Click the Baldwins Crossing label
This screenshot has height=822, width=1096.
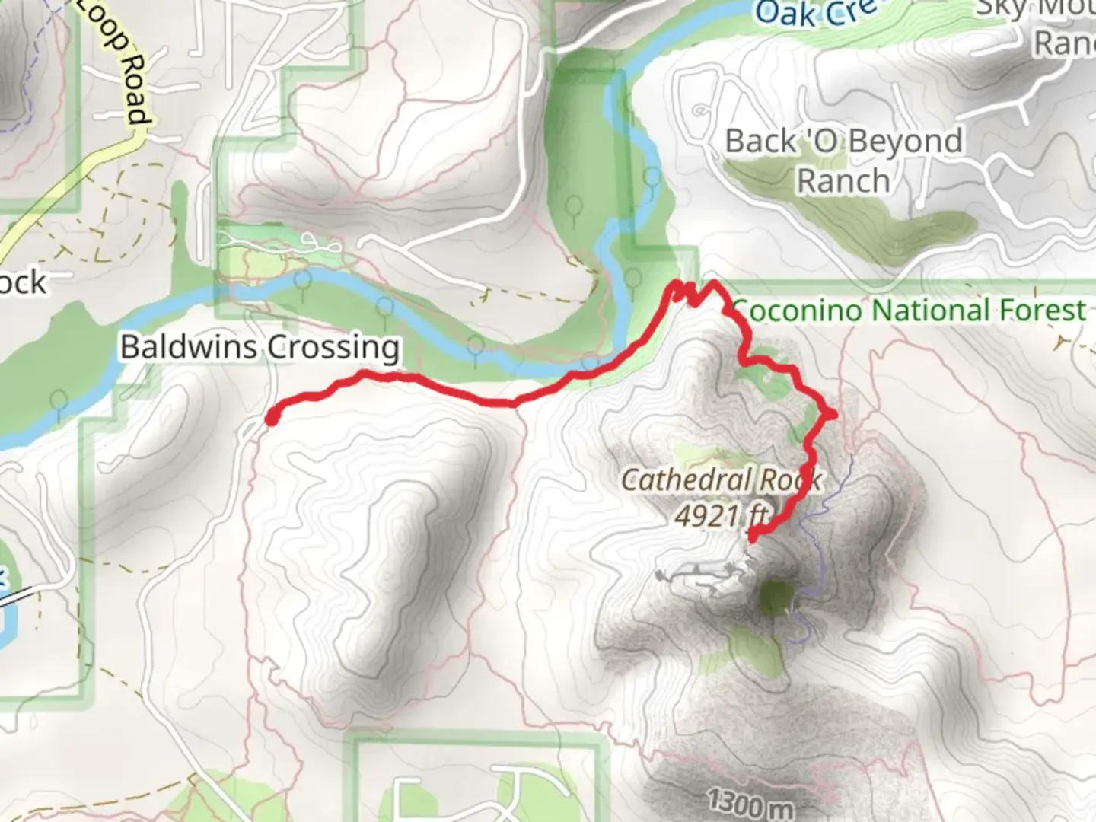(x=260, y=348)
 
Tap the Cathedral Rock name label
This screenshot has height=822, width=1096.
(x=721, y=479)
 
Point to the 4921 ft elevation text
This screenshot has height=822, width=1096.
(x=721, y=516)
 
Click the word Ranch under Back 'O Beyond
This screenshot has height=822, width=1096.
(x=843, y=181)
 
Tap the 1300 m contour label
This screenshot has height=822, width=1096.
(x=749, y=802)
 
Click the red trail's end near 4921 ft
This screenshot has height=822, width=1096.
(x=753, y=537)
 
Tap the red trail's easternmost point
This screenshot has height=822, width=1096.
(x=832, y=414)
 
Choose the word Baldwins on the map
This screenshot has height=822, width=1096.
(x=190, y=348)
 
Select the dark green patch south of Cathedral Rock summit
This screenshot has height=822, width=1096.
(x=776, y=597)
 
